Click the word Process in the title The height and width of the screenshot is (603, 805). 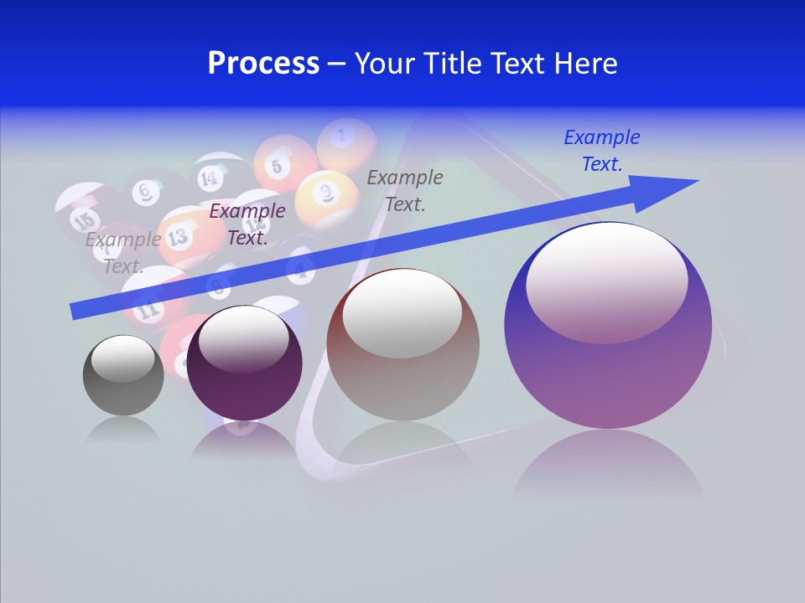coord(263,64)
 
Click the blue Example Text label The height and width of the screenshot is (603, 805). coord(602,151)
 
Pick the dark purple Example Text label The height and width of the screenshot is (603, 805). coord(247,224)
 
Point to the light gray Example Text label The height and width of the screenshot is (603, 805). coord(123,253)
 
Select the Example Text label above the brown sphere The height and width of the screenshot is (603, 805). coord(405,190)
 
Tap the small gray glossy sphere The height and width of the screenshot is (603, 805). coord(123,374)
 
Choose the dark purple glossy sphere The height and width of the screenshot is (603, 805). coord(244,362)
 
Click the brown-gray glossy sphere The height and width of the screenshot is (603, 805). coord(402,344)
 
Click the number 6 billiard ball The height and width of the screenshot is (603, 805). coord(148,193)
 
